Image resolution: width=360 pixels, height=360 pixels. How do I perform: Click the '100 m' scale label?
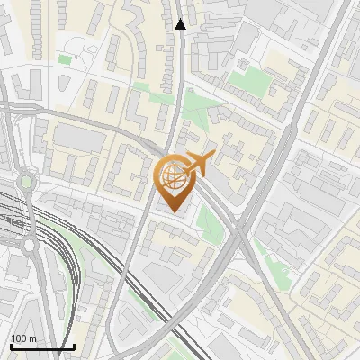coord(24,337)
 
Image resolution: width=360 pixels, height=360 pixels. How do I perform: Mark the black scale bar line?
coord(41,346)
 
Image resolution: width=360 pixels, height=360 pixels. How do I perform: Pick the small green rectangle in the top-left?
coord(64,59)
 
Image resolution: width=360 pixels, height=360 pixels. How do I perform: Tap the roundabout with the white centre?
coord(28,245)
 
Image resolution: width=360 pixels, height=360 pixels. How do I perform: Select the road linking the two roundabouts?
coord(28,213)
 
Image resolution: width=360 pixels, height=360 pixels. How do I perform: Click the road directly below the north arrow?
coord(181,63)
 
